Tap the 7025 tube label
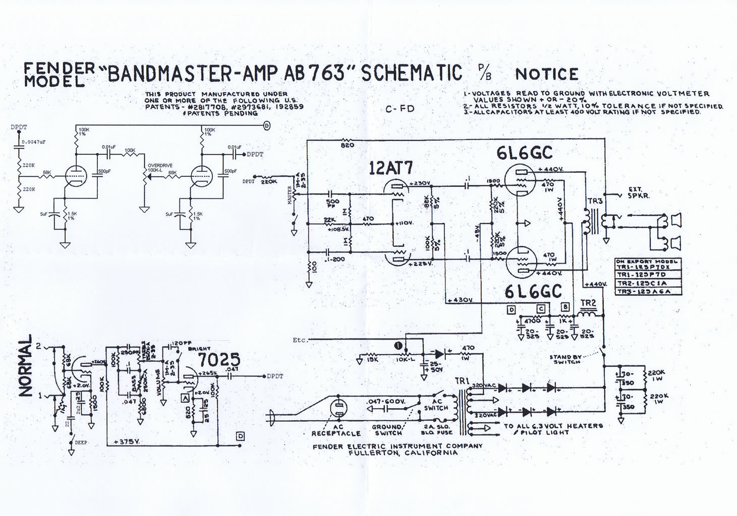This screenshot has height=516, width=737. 218,360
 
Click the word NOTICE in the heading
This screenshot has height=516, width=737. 546,74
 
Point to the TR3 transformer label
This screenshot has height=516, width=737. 596,202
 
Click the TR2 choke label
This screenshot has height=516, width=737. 589,303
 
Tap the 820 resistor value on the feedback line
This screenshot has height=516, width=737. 348,145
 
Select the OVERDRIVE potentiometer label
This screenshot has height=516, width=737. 160,165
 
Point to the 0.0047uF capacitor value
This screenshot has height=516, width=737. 34,142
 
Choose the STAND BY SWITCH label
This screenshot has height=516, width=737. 566,359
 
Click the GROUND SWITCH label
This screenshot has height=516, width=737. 387,430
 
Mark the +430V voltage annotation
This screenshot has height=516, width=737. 460,300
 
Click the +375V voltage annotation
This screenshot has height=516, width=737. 127,441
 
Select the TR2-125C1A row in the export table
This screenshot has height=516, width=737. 641,284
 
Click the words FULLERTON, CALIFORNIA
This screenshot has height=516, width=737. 403,453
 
